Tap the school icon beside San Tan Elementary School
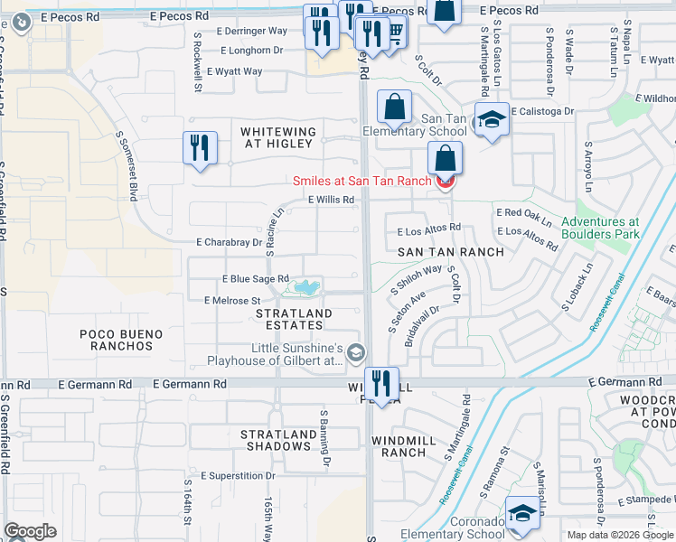pos(491,121)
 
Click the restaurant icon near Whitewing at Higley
pos(200,147)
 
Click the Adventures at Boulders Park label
pos(600,228)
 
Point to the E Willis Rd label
pos(329,201)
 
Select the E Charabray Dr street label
pos(229,242)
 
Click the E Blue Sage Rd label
pos(256,279)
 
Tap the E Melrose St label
pos(232,300)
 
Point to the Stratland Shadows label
pos(277,440)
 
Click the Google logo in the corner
pos(30,531)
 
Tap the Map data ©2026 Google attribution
pos(620,535)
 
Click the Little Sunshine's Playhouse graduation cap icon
pos(356,351)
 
